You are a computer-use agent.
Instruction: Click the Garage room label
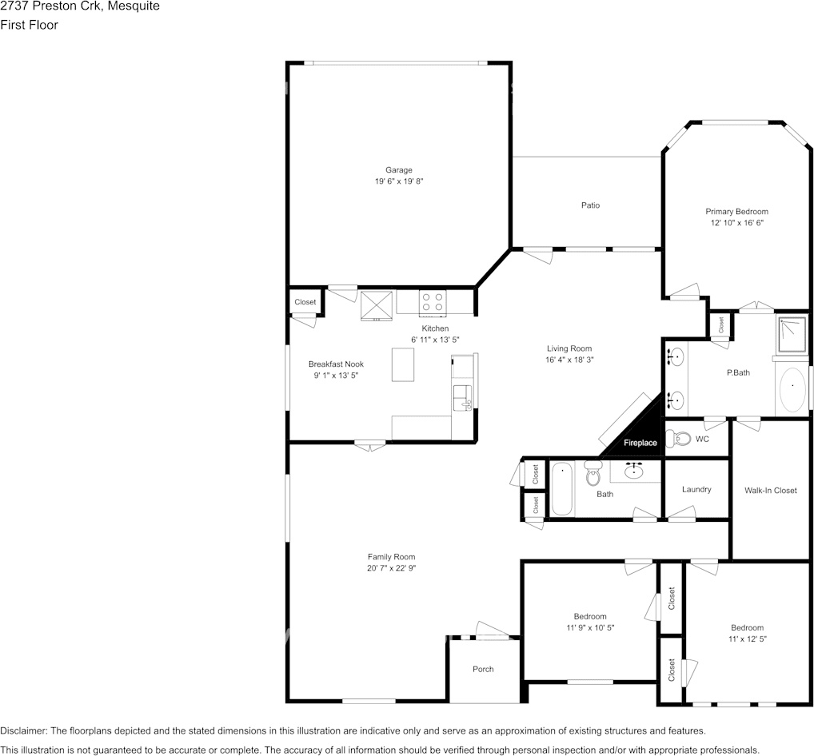399,169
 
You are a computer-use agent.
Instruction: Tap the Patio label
590,205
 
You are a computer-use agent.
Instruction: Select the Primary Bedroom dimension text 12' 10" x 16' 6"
737,223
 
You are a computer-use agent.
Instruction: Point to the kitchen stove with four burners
433,303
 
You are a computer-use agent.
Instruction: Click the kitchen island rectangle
403,364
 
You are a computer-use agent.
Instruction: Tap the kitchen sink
461,399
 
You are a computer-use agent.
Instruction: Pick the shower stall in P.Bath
792,335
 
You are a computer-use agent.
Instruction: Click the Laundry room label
696,489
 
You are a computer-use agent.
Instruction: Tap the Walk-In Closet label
770,491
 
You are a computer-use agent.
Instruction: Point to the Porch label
483,670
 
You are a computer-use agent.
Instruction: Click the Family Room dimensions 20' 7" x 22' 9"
392,568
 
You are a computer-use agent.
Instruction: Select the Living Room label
569,348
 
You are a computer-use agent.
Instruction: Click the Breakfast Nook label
336,364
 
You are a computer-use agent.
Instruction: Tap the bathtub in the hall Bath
561,489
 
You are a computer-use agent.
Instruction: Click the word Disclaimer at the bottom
23,731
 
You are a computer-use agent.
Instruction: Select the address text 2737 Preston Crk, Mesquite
80,6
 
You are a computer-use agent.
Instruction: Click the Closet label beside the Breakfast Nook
305,302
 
